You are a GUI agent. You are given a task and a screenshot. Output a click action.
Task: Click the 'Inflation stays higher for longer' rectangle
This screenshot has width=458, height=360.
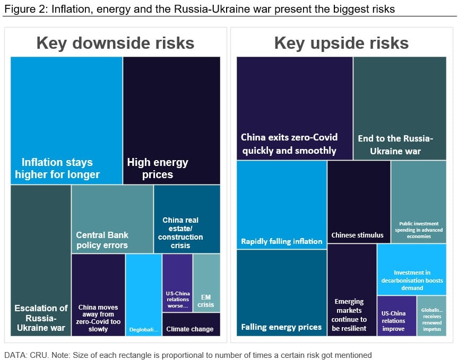click(66, 120)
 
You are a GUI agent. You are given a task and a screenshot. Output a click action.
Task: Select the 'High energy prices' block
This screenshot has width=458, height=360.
click(171, 120)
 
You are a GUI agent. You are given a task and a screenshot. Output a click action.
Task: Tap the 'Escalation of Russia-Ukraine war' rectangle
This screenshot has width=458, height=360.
click(41, 260)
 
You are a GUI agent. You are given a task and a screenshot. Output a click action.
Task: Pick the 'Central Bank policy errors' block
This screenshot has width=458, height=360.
click(112, 219)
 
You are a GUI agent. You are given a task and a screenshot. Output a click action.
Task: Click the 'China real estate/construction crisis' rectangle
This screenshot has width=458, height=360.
click(187, 219)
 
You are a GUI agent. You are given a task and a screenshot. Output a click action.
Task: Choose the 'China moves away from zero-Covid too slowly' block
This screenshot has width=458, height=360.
click(98, 294)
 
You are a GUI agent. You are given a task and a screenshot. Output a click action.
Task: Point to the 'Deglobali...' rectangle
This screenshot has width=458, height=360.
click(144, 294)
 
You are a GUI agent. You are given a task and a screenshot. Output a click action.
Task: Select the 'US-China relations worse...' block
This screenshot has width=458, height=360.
click(177, 283)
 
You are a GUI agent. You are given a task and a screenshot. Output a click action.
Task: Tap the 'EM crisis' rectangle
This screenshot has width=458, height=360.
click(206, 283)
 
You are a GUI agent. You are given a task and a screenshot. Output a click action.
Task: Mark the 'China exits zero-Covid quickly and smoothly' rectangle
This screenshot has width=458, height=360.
click(295, 108)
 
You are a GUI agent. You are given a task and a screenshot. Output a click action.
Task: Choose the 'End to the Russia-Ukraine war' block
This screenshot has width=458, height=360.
click(400, 108)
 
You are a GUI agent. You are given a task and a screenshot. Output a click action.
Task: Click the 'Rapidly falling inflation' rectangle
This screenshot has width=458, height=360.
click(281, 205)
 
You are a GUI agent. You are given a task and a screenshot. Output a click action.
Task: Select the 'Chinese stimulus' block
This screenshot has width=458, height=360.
click(359, 201)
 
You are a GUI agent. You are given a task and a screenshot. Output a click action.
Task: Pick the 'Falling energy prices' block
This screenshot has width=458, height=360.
click(281, 293)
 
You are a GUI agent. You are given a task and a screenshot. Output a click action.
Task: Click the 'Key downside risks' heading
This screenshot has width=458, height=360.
click(115, 43)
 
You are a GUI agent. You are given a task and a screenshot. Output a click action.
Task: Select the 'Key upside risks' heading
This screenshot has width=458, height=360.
click(341, 43)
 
